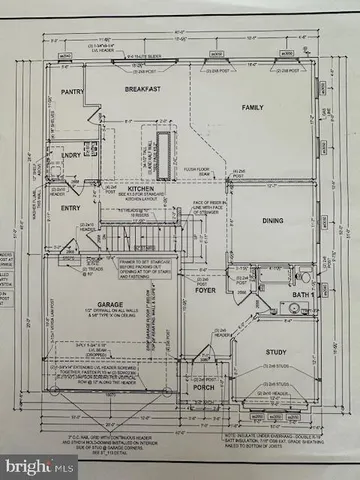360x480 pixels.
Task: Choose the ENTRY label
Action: [70, 209]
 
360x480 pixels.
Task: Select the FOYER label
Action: [203, 293]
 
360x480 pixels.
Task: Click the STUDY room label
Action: [276, 351]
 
